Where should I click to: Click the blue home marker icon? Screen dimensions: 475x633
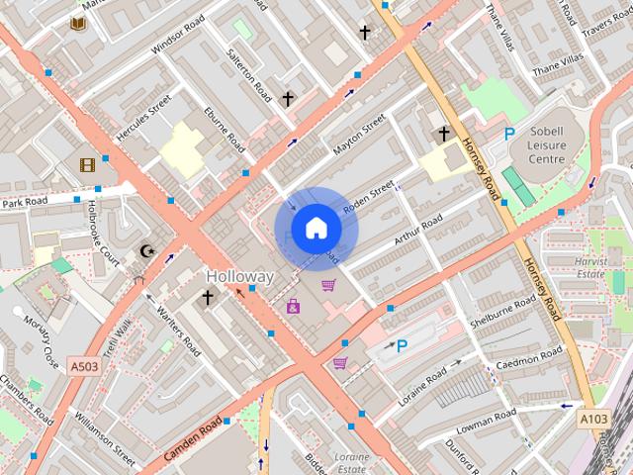tap(316, 229)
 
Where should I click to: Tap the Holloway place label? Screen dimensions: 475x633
tap(239, 277)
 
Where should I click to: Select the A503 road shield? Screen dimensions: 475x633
tap(85, 367)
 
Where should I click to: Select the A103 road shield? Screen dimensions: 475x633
tap(593, 420)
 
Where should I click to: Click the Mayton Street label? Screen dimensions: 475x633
tap(359, 138)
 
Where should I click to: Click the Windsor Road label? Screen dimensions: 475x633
tap(178, 35)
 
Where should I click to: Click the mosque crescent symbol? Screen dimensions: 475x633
tap(148, 252)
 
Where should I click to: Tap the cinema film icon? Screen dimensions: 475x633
tap(88, 165)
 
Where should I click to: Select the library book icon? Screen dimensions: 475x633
tap(78, 21)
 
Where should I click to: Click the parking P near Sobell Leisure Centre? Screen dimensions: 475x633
tap(509, 134)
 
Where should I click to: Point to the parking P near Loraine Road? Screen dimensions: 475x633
tap(402, 346)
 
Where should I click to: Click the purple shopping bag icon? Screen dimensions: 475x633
tap(293, 307)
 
